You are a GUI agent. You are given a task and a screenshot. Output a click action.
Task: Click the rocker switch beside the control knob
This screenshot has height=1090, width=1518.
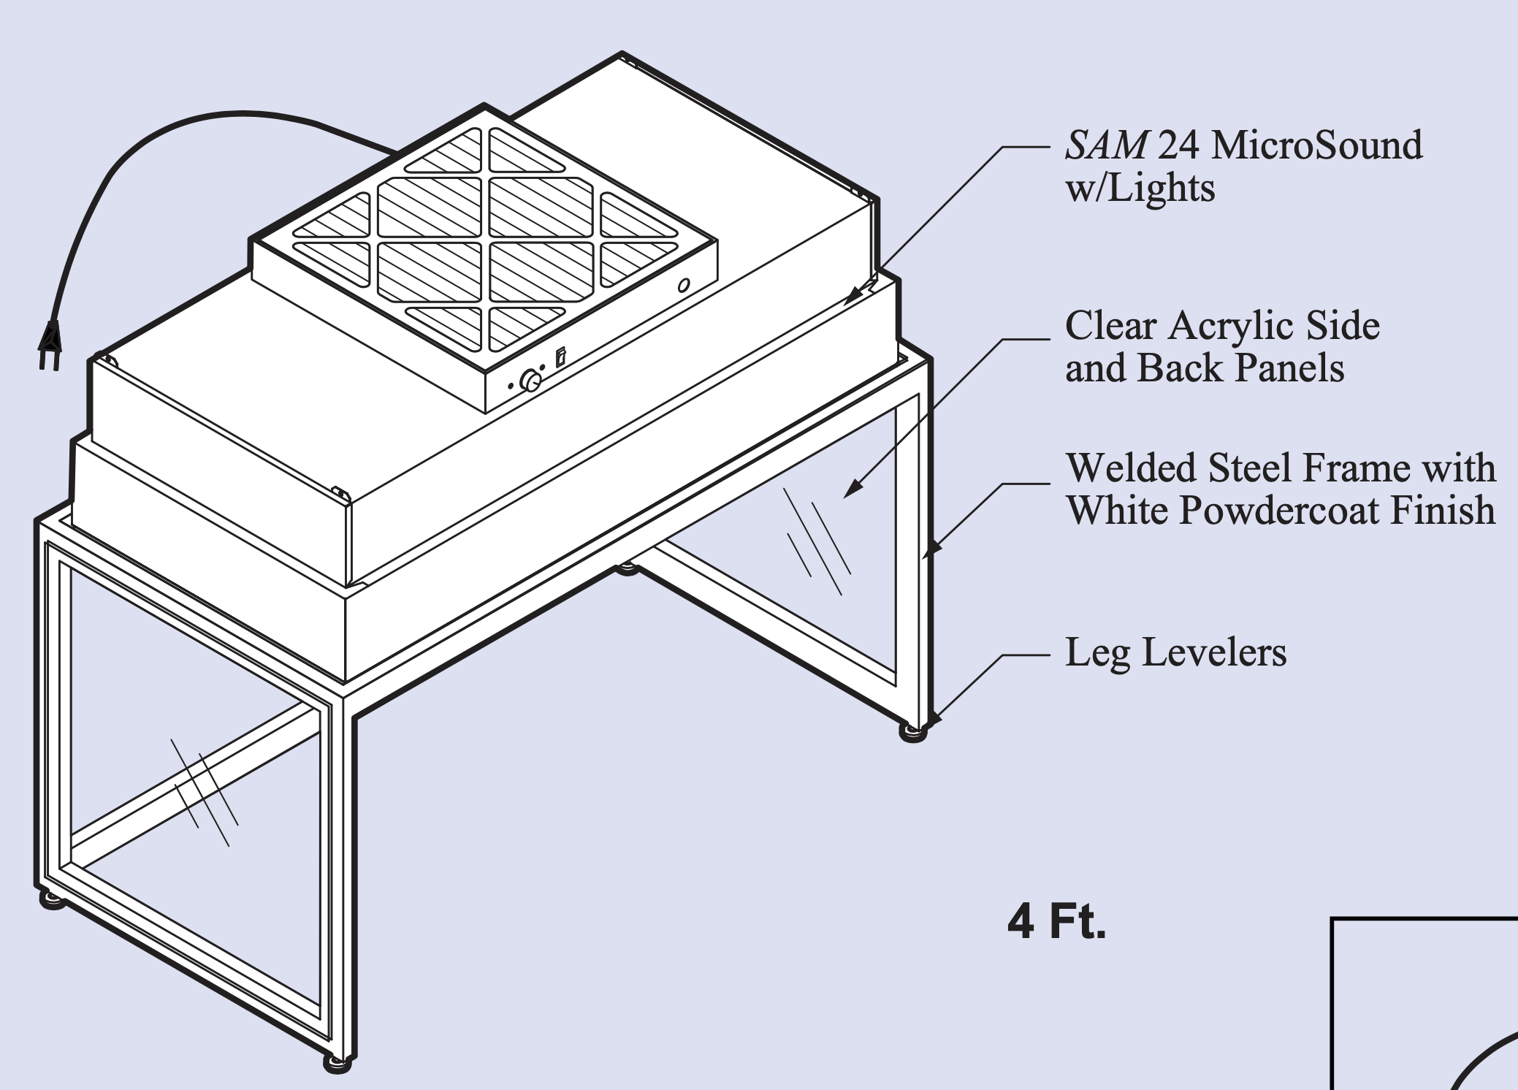tap(560, 357)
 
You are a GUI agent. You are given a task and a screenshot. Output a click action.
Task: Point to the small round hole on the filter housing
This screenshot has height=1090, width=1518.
tap(684, 286)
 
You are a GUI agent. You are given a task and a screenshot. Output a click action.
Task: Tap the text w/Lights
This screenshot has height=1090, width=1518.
tap(1140, 188)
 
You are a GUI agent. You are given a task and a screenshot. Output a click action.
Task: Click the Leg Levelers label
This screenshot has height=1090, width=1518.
tap(1175, 652)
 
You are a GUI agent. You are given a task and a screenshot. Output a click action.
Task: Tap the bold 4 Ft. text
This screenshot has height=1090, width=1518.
tap(1056, 922)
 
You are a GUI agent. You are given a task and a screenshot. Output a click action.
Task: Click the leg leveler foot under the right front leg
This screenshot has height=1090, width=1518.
tap(913, 732)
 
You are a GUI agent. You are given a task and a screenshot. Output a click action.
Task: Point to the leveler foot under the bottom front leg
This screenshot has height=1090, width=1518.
tap(337, 1063)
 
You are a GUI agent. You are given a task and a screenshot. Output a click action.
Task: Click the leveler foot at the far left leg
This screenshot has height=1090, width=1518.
tap(52, 900)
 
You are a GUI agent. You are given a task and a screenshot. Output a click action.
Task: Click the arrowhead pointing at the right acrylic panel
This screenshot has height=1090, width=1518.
tap(851, 490)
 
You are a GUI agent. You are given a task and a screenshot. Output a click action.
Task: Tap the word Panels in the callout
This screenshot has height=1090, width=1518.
tap(1289, 367)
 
